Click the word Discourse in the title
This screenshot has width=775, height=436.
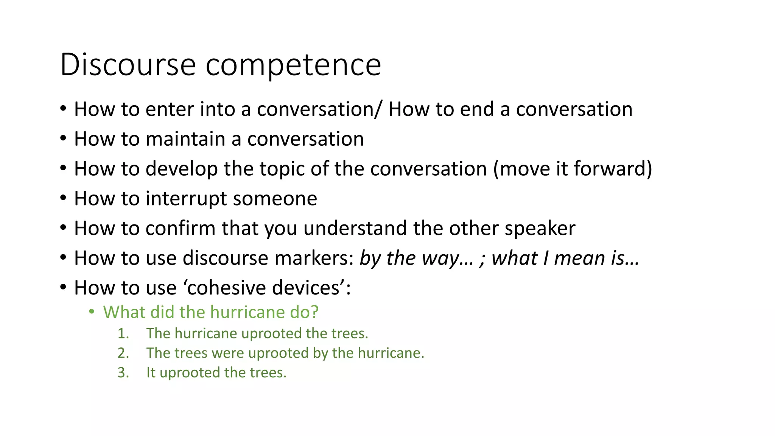pyautogui.click(x=128, y=65)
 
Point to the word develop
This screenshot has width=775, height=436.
pyautogui.click(x=181, y=169)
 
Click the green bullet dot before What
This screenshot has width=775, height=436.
pyautogui.click(x=92, y=312)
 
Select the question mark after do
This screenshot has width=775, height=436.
pyautogui.click(x=314, y=312)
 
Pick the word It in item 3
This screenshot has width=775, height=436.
pyautogui.click(x=151, y=373)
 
